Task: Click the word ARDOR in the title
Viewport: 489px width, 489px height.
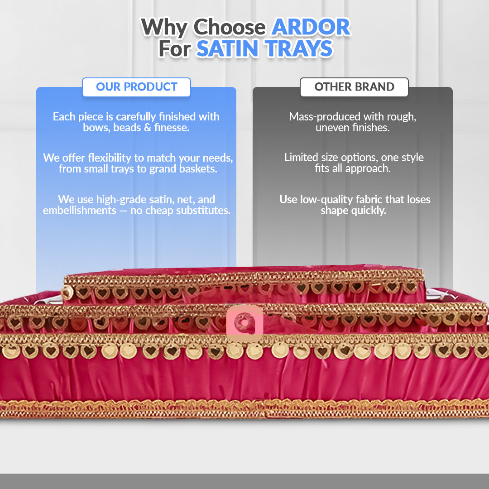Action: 311,28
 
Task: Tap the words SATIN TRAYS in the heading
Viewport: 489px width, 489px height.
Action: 264,49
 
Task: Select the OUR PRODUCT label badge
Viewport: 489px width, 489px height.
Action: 136,87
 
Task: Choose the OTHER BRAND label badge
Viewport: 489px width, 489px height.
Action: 354,87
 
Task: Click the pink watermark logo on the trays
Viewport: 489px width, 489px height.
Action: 244,322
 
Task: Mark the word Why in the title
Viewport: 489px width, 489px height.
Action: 164,28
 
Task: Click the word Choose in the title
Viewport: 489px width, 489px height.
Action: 230,28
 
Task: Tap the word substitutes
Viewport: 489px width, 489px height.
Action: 200,211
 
